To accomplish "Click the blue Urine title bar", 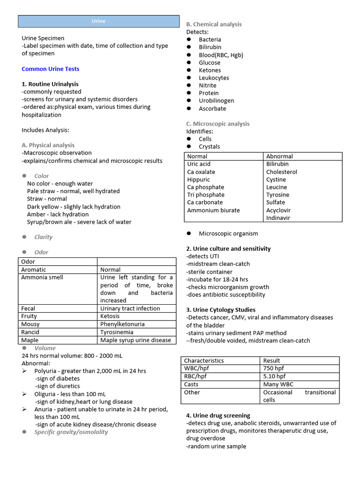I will click(98, 21).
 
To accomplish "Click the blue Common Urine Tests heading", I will click(50, 69).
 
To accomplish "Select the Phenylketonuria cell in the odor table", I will click(122, 324).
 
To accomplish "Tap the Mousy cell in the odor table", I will click(30, 324).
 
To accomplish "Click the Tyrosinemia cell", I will click(117, 332).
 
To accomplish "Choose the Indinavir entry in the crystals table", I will click(278, 218).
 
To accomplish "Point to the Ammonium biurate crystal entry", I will click(213, 210).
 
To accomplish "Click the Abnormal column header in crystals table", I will click(279, 156).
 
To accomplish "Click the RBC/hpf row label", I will click(195, 376).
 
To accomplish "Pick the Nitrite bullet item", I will click(207, 85).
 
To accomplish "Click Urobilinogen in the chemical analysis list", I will click(216, 101).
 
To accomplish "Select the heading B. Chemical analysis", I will click(214, 24).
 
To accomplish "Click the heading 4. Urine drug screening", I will click(218, 415).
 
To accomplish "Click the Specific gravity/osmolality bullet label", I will click(71, 432).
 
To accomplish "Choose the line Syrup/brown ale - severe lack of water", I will click(79, 222).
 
